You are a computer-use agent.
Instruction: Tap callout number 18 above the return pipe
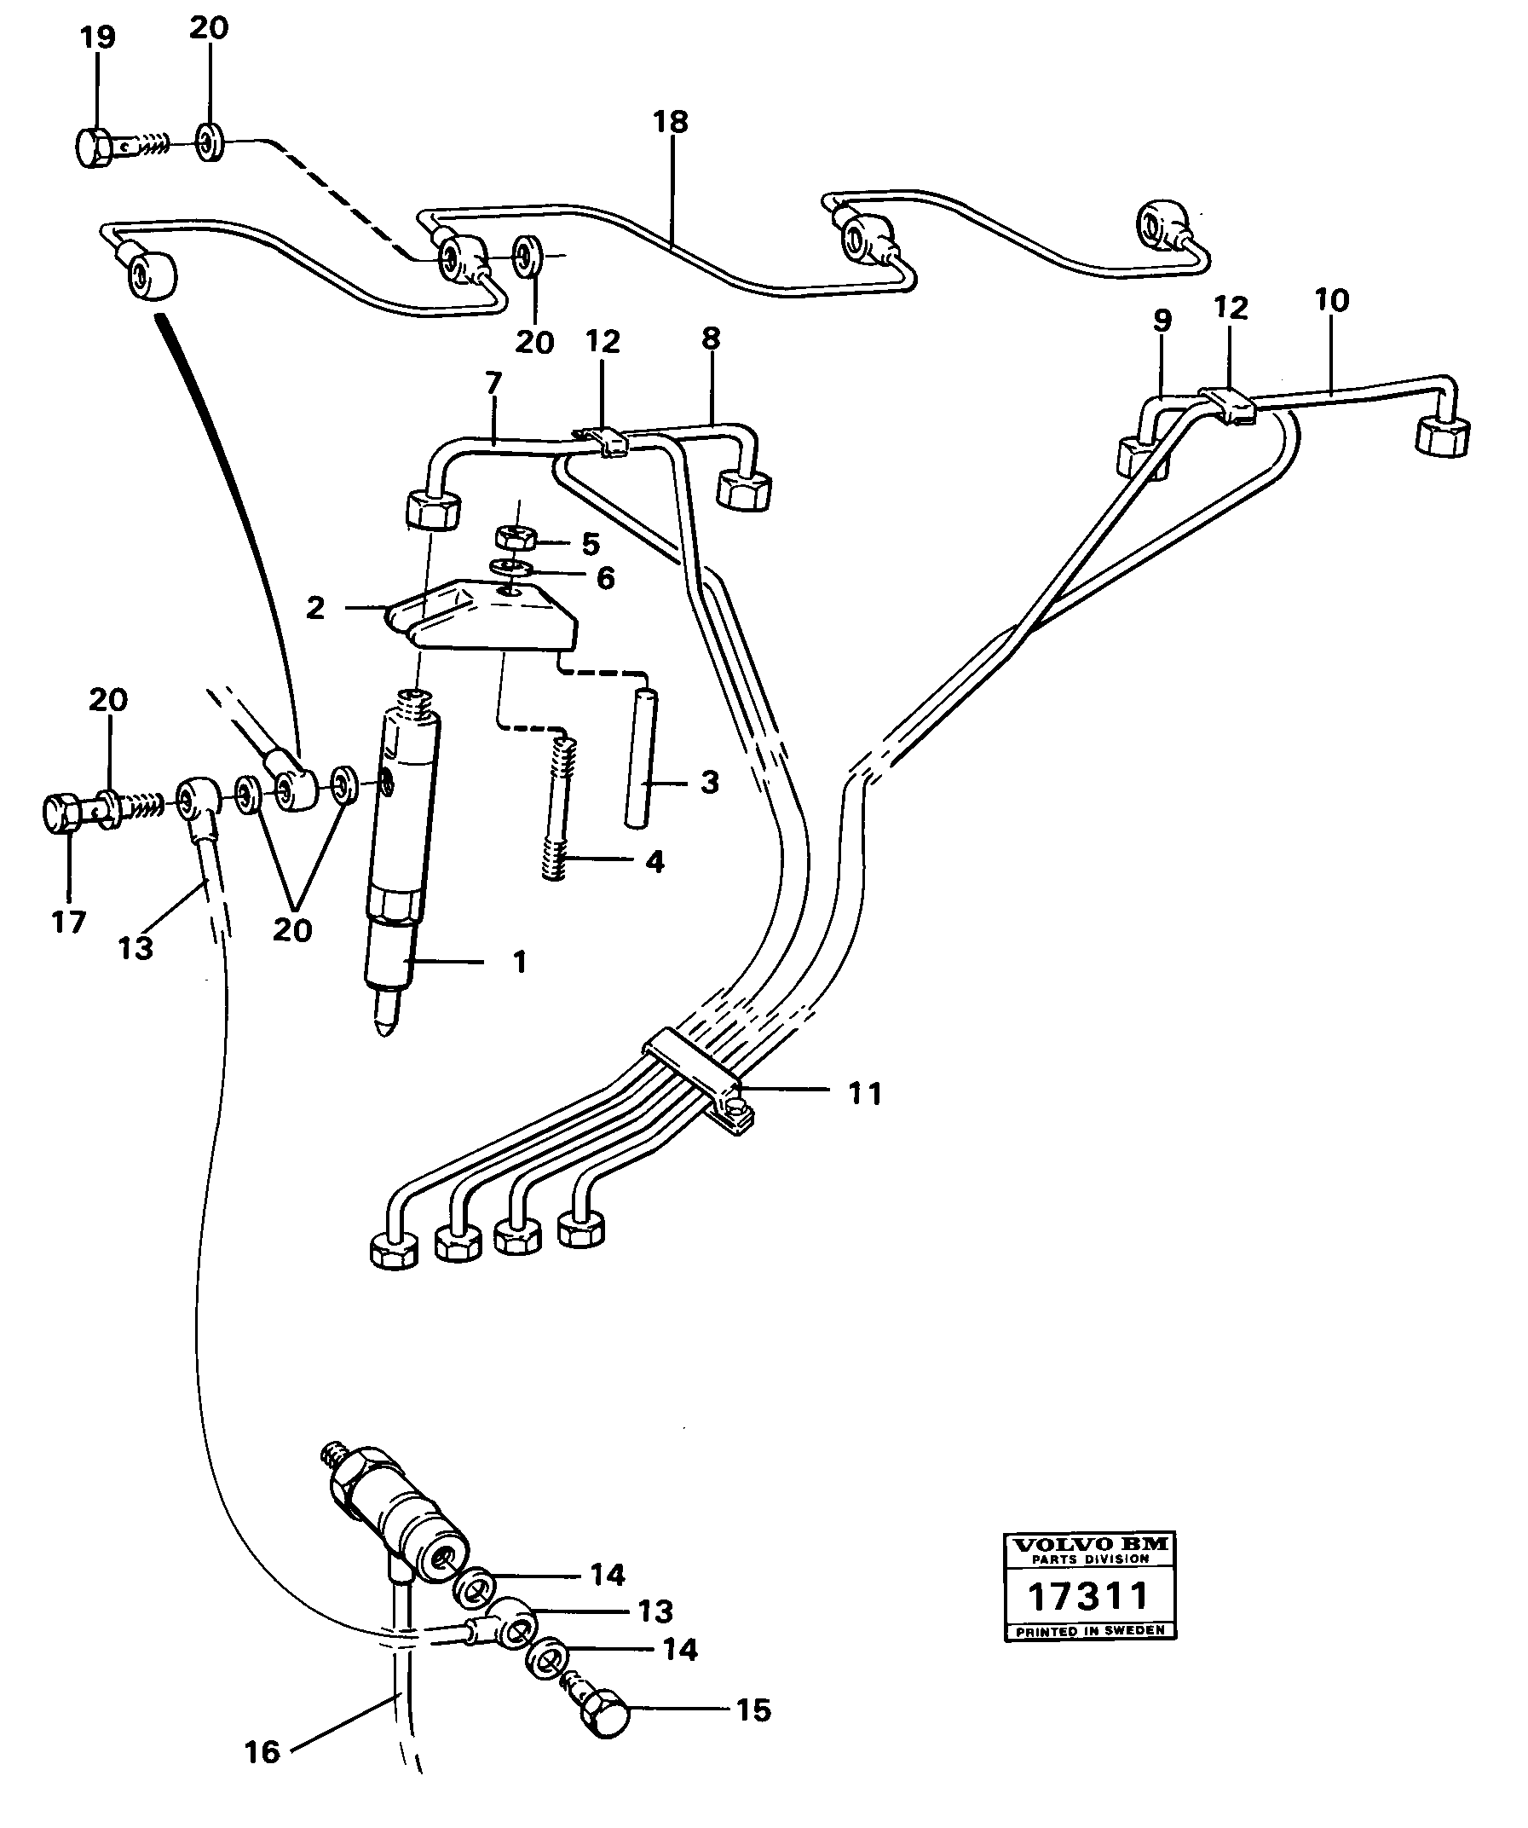pyautogui.click(x=671, y=121)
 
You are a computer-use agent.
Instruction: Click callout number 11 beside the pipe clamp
pyautogui.click(x=865, y=1093)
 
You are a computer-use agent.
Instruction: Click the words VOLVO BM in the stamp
pyautogui.click(x=1088, y=1544)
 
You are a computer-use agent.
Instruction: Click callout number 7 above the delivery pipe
pyautogui.click(x=493, y=382)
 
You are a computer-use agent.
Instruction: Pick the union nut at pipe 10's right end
pyautogui.click(x=1443, y=434)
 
